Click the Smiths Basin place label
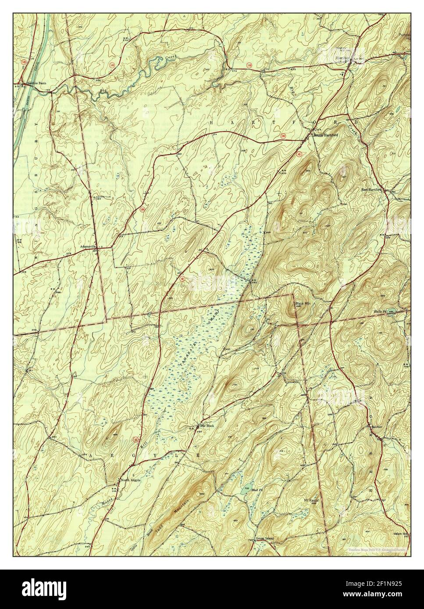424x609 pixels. coord(36,83)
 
